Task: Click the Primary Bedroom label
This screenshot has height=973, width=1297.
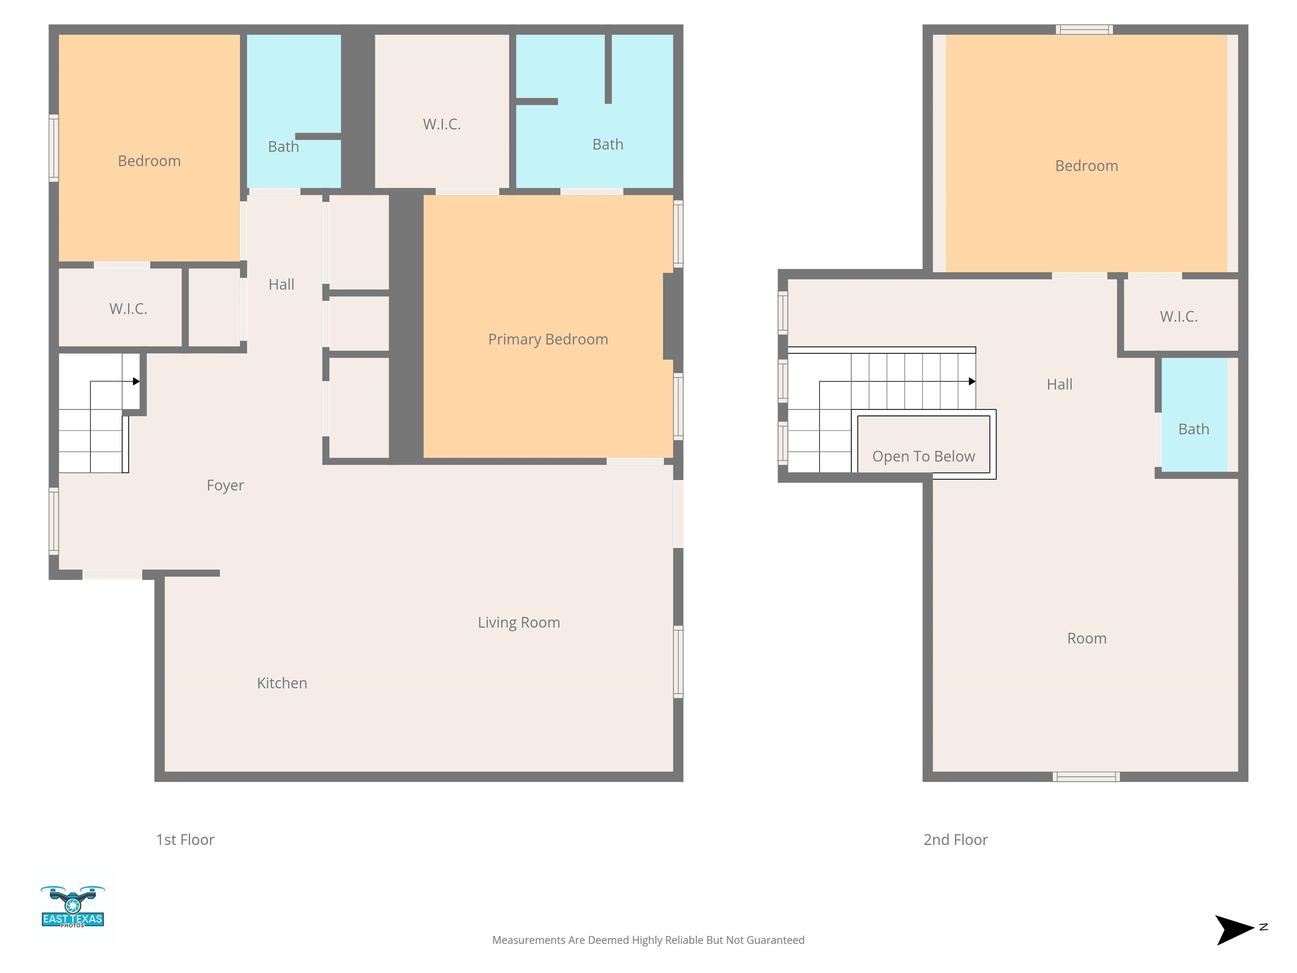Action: pyautogui.click(x=548, y=340)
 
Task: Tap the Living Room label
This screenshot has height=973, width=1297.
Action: pyautogui.click(x=519, y=622)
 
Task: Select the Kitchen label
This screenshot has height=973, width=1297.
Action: pyautogui.click(x=282, y=683)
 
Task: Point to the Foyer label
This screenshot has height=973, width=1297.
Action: pyautogui.click(x=225, y=486)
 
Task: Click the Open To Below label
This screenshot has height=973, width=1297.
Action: pyautogui.click(x=923, y=456)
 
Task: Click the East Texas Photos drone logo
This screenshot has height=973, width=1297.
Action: pyautogui.click(x=73, y=906)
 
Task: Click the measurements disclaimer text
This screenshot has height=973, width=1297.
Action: pyautogui.click(x=648, y=940)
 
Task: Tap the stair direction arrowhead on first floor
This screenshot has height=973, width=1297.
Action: pyautogui.click(x=136, y=381)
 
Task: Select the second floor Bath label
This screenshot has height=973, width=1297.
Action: pyautogui.click(x=1194, y=429)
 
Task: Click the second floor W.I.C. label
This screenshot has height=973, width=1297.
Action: pyautogui.click(x=1178, y=317)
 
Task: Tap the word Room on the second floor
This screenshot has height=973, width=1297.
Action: pyautogui.click(x=1086, y=638)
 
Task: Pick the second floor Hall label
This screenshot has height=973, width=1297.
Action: pyautogui.click(x=1060, y=384)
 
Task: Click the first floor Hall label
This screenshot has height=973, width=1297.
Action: pyautogui.click(x=282, y=285)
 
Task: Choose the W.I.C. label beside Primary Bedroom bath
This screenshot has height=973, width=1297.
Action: pyautogui.click(x=442, y=124)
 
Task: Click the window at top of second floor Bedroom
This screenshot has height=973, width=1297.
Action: pyautogui.click(x=1085, y=29)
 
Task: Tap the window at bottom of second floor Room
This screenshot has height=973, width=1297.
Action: pyautogui.click(x=1086, y=777)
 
